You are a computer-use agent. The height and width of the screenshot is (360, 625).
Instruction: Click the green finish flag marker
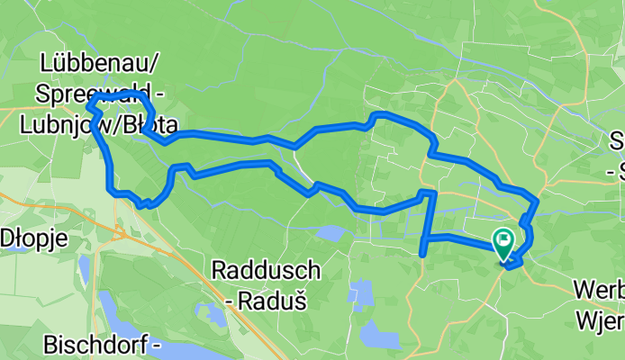click(x=502, y=241)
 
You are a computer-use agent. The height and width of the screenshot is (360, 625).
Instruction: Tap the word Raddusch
click(x=266, y=270)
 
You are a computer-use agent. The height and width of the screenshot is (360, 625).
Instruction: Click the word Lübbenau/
click(x=100, y=62)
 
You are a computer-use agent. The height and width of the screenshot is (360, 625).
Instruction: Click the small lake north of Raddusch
click(x=330, y=234)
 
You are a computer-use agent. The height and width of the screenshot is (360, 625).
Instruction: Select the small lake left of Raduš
click(x=213, y=314)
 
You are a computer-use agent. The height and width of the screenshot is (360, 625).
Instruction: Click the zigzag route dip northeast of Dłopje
click(x=144, y=203)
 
